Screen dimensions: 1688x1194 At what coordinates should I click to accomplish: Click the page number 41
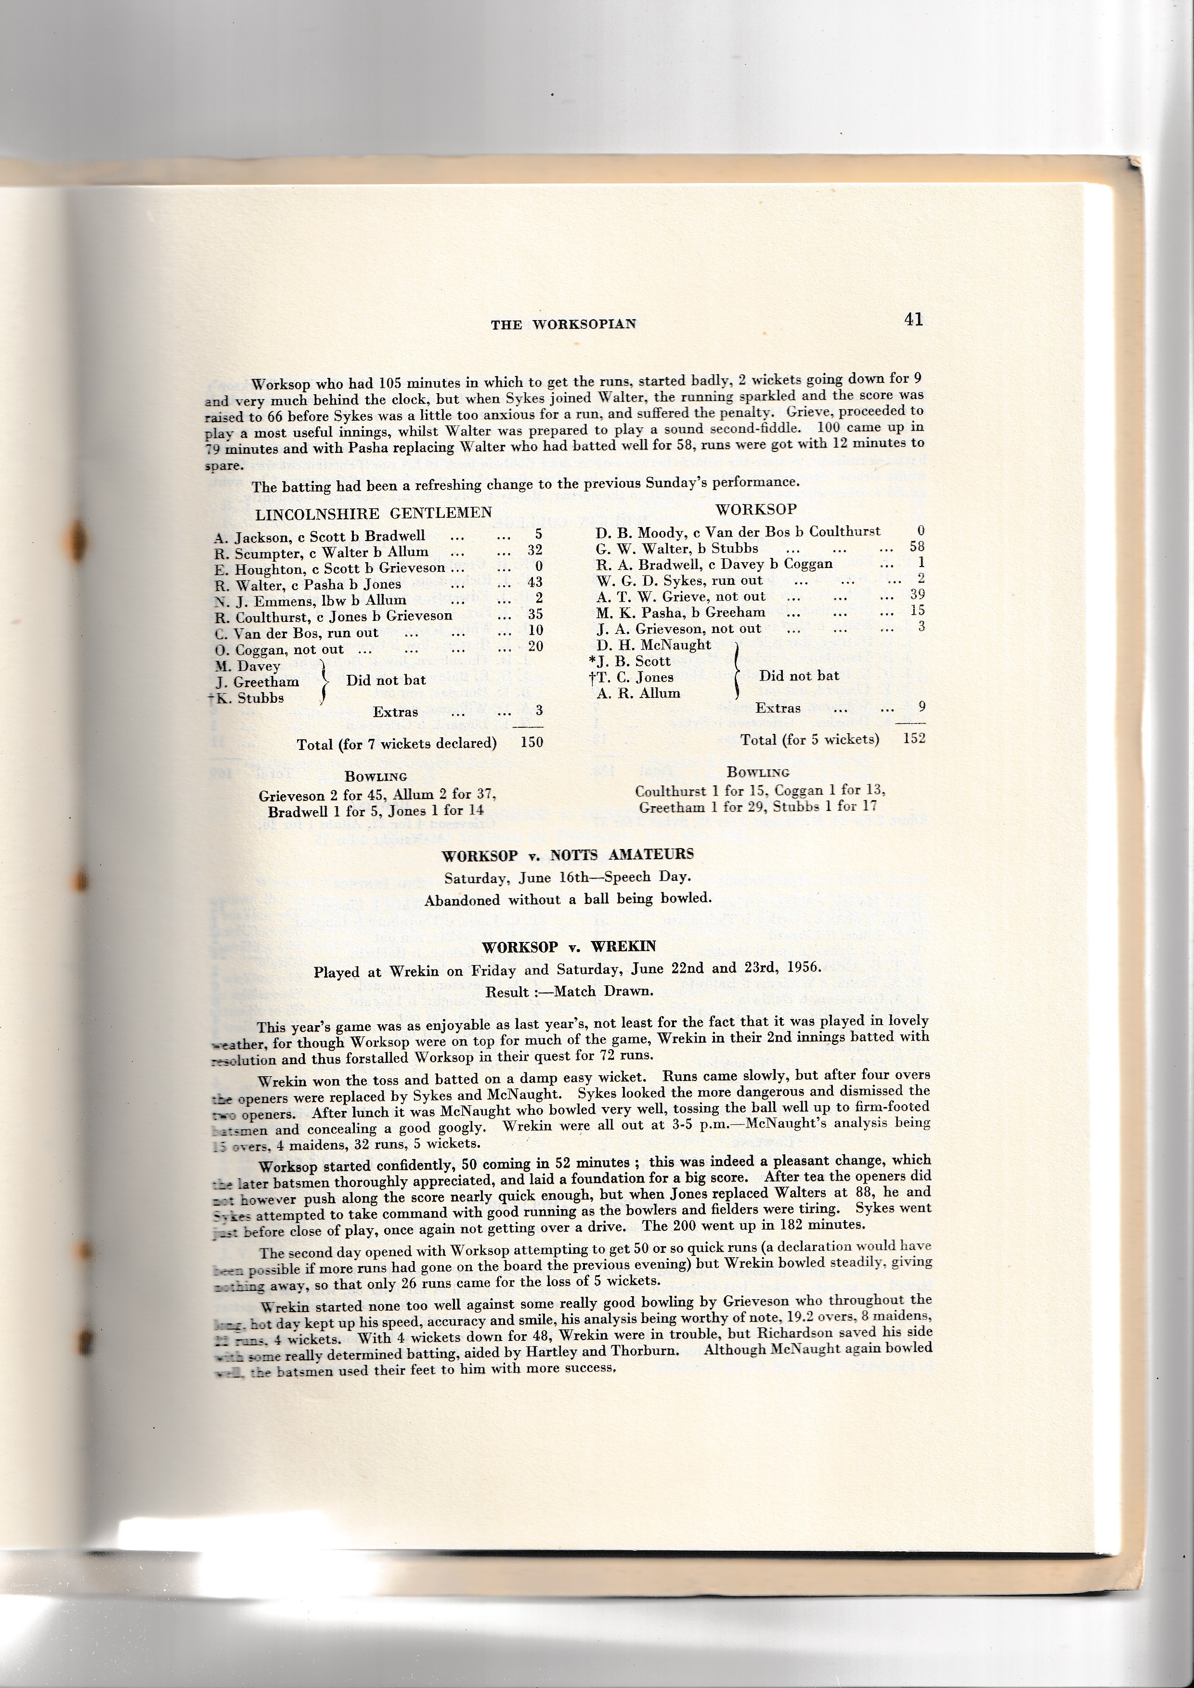tap(913, 319)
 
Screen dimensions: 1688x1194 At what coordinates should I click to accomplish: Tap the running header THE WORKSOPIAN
tap(563, 324)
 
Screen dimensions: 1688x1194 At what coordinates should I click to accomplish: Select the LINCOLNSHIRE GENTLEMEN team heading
tap(374, 513)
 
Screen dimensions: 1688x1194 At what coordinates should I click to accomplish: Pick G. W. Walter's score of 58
tap(916, 546)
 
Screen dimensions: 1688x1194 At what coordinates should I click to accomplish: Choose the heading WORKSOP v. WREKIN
tap(568, 946)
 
